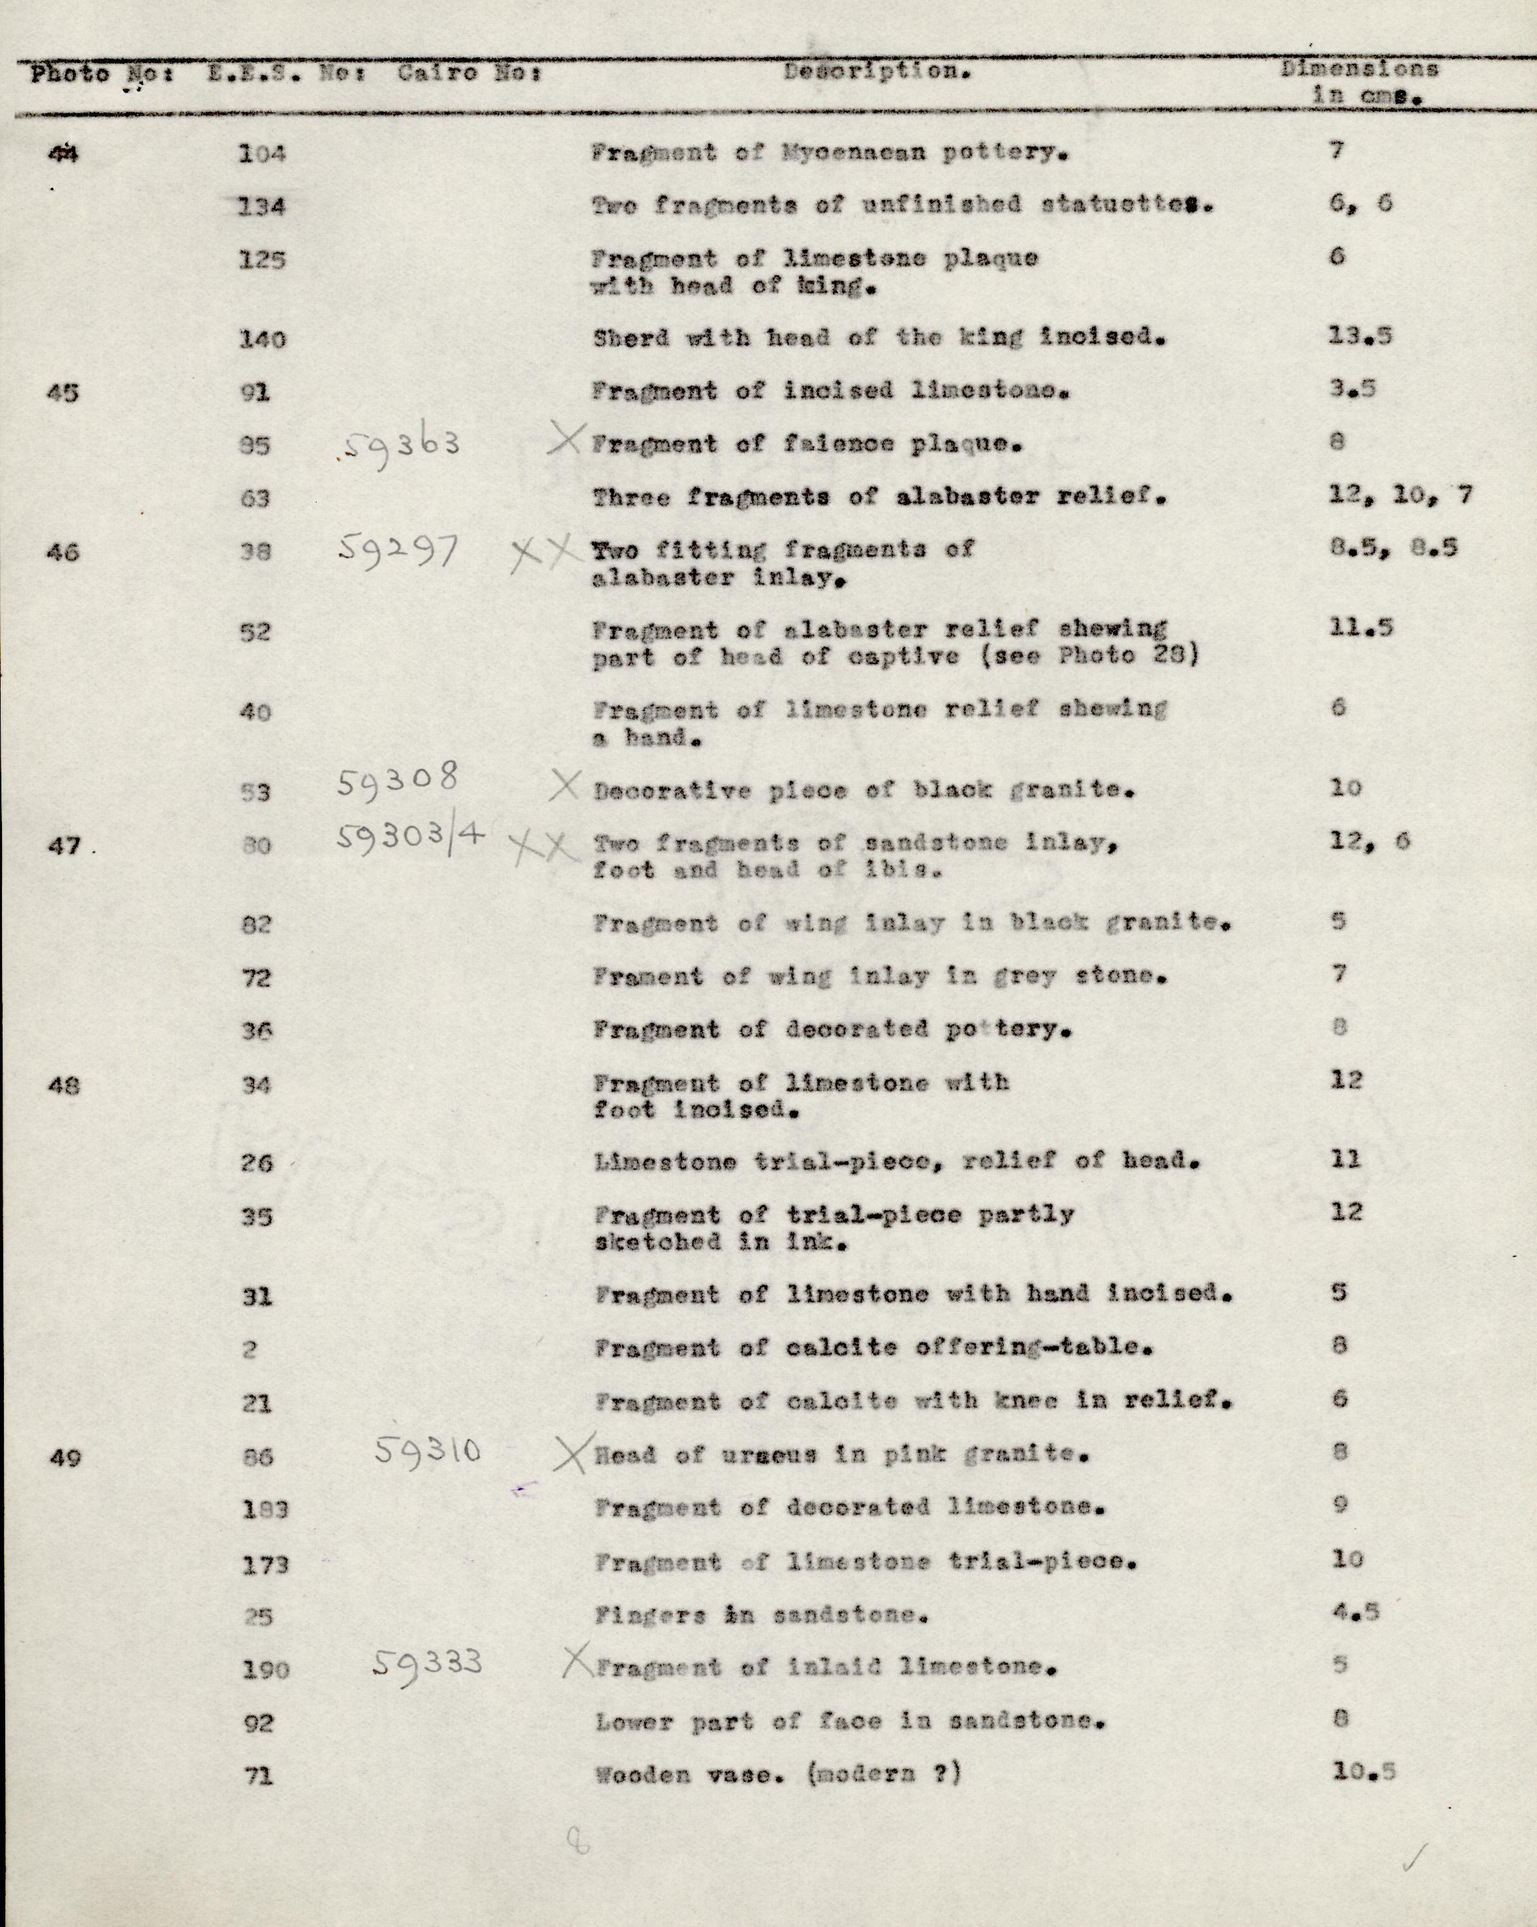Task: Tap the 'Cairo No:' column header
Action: pyautogui.click(x=469, y=73)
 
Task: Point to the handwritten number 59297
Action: pyautogui.click(x=398, y=549)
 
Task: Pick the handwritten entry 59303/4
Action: pyautogui.click(x=412, y=838)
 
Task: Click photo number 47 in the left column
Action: pyautogui.click(x=64, y=845)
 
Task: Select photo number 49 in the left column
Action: pyautogui.click(x=64, y=1458)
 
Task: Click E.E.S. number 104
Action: pyautogui.click(x=261, y=154)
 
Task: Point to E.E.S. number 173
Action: pyautogui.click(x=266, y=1564)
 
